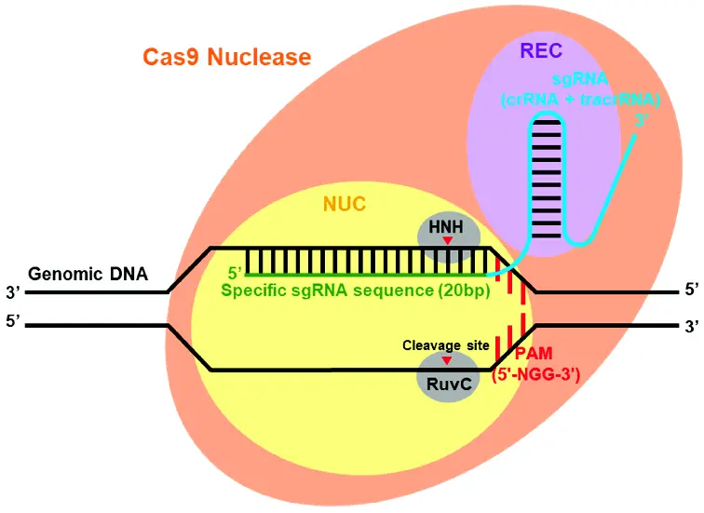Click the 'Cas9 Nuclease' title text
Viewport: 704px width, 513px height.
point(226,57)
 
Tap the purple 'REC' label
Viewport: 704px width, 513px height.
point(541,50)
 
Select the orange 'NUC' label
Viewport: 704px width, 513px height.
point(345,204)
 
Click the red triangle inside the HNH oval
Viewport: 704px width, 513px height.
point(447,240)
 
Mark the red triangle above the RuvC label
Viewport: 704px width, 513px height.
point(447,360)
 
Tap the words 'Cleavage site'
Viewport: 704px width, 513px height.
point(445,345)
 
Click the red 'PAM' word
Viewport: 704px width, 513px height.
point(534,354)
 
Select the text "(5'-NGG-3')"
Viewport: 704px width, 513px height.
point(536,374)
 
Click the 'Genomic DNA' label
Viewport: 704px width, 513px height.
point(88,274)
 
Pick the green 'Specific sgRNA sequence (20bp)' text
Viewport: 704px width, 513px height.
point(355,290)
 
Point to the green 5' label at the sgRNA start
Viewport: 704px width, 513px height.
point(235,273)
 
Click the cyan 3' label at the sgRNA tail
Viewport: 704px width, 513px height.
point(642,120)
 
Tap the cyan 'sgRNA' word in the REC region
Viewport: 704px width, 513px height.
point(580,79)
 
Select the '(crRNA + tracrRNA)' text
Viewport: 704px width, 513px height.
point(580,100)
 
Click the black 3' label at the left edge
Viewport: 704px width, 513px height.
point(13,292)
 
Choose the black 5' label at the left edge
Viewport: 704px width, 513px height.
point(13,321)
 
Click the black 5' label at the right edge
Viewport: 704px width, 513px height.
point(691,290)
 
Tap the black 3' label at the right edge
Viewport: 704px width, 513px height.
point(691,326)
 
